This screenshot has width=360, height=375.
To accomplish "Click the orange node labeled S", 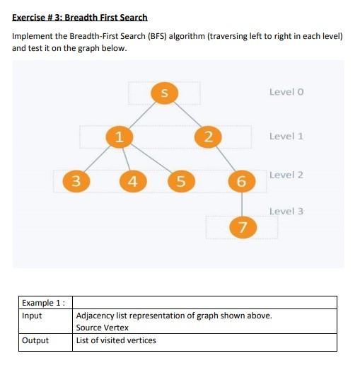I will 164,92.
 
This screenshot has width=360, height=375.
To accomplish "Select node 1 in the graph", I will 120,136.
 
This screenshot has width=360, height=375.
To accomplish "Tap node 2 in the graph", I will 207,136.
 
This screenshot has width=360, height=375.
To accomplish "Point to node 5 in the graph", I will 180,181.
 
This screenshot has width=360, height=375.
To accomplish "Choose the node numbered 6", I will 241,181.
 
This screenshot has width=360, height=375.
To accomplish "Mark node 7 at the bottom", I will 243,226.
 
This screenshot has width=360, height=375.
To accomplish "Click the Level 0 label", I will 286,92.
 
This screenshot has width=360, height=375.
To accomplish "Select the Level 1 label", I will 286,136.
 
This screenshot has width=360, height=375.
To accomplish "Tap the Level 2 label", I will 286,175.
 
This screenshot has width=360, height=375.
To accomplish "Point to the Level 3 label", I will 286,211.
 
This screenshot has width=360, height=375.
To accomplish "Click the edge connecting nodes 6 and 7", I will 242,204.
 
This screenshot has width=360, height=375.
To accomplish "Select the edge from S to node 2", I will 186,114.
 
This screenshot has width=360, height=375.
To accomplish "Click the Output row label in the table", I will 35,340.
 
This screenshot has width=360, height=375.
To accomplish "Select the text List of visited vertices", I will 116,340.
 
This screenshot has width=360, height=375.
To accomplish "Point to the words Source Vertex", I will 103,328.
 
